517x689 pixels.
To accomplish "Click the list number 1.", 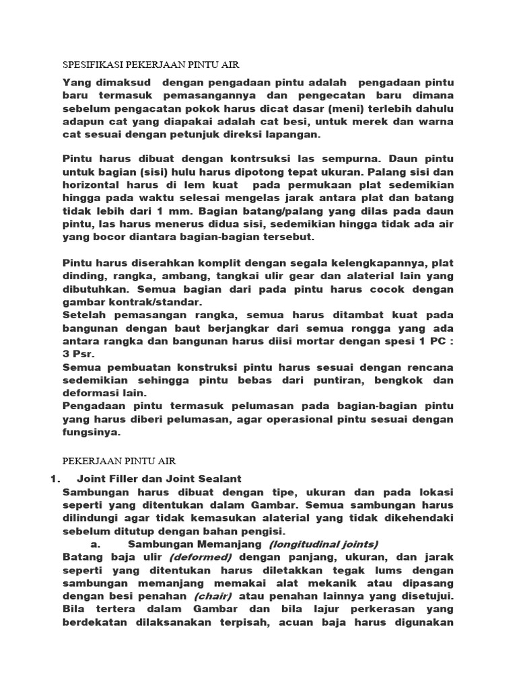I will pyautogui.click(x=55, y=478).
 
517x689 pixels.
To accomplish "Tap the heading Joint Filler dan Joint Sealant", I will pyautogui.click(x=159, y=478).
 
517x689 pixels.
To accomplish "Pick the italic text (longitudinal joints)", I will pyautogui.click(x=323, y=544).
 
